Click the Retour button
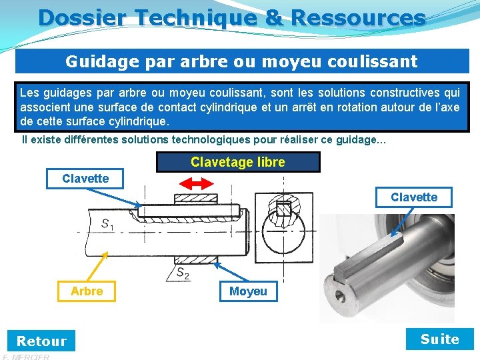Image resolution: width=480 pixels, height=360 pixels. point(41,341)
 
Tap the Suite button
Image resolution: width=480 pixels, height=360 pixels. point(440,339)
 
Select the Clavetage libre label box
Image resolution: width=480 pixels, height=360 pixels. point(238,162)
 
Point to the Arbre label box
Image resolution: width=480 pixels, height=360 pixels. point(87,291)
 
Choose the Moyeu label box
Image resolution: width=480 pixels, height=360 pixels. point(248,291)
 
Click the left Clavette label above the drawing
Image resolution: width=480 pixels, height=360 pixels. point(85,179)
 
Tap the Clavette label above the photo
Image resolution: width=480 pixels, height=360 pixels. point(414,197)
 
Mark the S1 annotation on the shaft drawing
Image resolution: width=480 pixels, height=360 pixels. point(107,225)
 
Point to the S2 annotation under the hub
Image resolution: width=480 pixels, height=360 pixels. point(183,272)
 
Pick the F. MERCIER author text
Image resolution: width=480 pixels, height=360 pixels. point(27,357)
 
